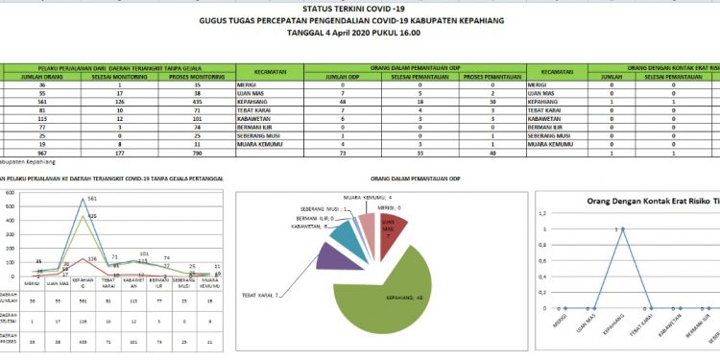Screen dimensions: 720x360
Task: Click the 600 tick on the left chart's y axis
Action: [10, 194]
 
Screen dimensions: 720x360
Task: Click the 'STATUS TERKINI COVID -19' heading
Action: [360, 9]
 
